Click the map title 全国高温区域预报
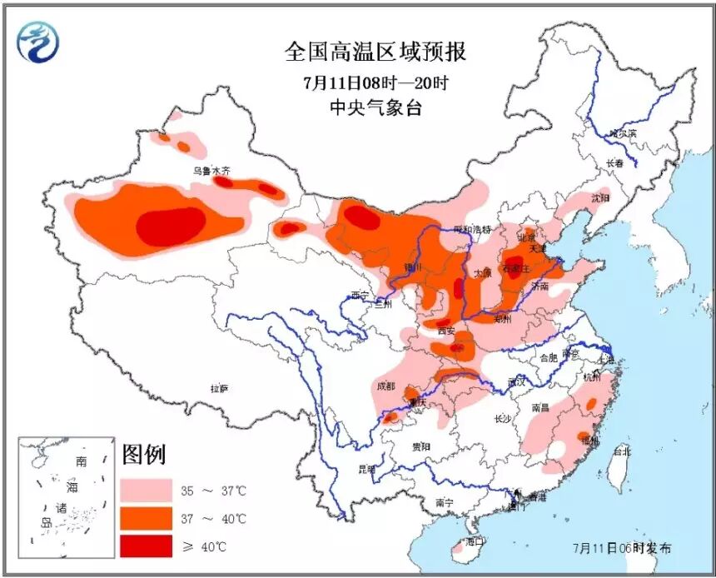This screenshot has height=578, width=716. pos(375,52)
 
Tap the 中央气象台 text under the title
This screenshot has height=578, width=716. pos(375,107)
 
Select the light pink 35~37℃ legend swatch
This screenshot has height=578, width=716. pos(146,490)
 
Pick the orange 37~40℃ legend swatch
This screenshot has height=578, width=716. pos(146,518)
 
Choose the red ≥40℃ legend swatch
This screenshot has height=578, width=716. pos(146,546)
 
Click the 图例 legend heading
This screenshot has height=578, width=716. pos(144,455)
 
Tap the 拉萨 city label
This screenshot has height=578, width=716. pos(219,388)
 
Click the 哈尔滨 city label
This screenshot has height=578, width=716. pos(621,133)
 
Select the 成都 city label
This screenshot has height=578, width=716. pos(385,386)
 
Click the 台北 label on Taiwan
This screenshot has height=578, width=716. pos(621,451)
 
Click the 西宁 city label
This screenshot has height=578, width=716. pos(359,295)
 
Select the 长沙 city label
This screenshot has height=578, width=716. pos(502,419)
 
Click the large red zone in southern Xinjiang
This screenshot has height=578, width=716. pos(171,226)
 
